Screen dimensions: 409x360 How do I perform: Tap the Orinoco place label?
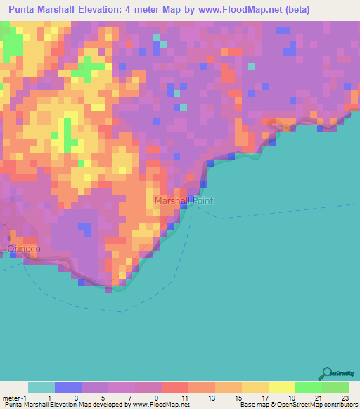tap(23, 249)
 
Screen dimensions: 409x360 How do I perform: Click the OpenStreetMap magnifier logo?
tap(326, 372)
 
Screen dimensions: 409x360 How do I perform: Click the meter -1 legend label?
tap(15, 397)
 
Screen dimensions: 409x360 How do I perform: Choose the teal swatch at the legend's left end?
tap(41, 387)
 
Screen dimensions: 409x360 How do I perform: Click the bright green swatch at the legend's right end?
tap(335, 387)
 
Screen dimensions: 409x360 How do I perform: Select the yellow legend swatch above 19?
tap(281, 387)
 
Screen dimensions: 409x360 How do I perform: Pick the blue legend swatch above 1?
tap(68, 387)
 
